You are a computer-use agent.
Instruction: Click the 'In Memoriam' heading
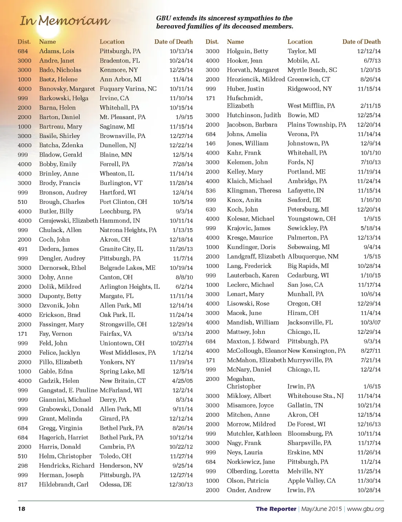(x=65, y=21)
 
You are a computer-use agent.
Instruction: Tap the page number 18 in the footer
(x=22, y=509)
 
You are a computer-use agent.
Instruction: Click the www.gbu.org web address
(x=365, y=509)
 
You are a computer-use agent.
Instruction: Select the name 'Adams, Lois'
(x=57, y=51)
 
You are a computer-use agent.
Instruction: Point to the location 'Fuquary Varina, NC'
(x=128, y=89)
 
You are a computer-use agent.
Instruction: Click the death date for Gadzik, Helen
(x=182, y=381)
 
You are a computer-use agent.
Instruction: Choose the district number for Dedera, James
(x=23, y=249)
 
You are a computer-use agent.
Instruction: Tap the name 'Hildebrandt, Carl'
(x=64, y=485)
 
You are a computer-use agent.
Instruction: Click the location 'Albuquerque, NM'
(x=313, y=256)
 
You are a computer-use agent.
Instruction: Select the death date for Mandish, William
(x=371, y=322)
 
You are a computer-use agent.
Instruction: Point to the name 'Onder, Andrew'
(x=249, y=490)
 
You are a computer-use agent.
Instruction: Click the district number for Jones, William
(x=211, y=143)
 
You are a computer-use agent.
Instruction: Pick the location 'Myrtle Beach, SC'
(x=312, y=70)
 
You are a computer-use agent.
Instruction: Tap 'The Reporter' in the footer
(x=276, y=509)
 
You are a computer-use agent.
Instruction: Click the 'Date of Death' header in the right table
(x=361, y=42)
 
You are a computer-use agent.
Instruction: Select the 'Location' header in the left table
(x=112, y=42)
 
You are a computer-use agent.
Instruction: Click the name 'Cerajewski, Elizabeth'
(x=68, y=221)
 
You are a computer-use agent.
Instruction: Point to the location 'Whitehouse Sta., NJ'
(x=315, y=396)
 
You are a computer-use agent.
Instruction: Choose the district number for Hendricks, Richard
(x=23, y=466)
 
